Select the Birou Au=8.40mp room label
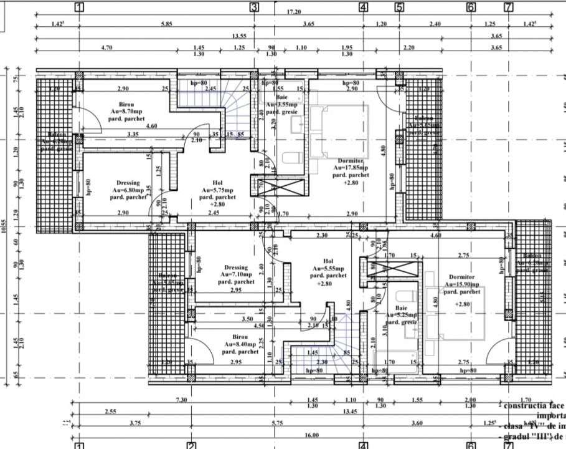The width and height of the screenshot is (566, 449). tap(240, 343)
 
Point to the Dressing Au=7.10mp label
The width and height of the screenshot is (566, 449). tap(236, 274)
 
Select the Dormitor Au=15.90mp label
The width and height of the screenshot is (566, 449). tap(461, 287)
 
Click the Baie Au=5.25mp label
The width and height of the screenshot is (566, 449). tap(400, 315)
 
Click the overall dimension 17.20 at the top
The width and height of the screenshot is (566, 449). tap(295, 12)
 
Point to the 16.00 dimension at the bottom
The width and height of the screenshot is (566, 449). tap(311, 435)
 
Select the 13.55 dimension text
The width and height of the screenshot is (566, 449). tap(238, 36)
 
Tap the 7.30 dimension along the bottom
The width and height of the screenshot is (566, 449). tap(182, 399)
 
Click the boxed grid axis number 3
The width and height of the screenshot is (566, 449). tap(254, 7)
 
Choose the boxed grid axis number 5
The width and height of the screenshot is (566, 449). tap(399, 7)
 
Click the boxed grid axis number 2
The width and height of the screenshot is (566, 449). tap(191, 445)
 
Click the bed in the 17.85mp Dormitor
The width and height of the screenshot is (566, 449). tap(340, 131)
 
